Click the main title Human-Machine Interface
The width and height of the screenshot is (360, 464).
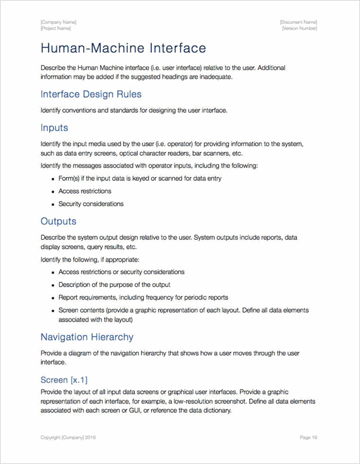(123, 48)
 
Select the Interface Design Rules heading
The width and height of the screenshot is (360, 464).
(91, 94)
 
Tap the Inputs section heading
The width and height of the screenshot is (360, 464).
(54, 127)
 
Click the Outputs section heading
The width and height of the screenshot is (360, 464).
(58, 221)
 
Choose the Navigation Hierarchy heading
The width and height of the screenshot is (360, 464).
(87, 337)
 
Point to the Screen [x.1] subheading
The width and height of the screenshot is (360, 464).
(64, 380)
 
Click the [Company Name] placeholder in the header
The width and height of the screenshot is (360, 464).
(59, 22)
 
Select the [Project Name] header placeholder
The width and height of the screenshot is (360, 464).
(56, 28)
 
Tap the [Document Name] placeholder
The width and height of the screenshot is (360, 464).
(298, 22)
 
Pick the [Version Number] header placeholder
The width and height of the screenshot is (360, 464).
(299, 28)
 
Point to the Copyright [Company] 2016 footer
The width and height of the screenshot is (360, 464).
(68, 437)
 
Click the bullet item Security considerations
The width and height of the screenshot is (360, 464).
(91, 204)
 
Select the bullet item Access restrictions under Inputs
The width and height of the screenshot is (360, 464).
(84, 191)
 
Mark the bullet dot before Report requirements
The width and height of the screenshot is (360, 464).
(52, 298)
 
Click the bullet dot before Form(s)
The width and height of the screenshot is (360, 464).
(52, 179)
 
